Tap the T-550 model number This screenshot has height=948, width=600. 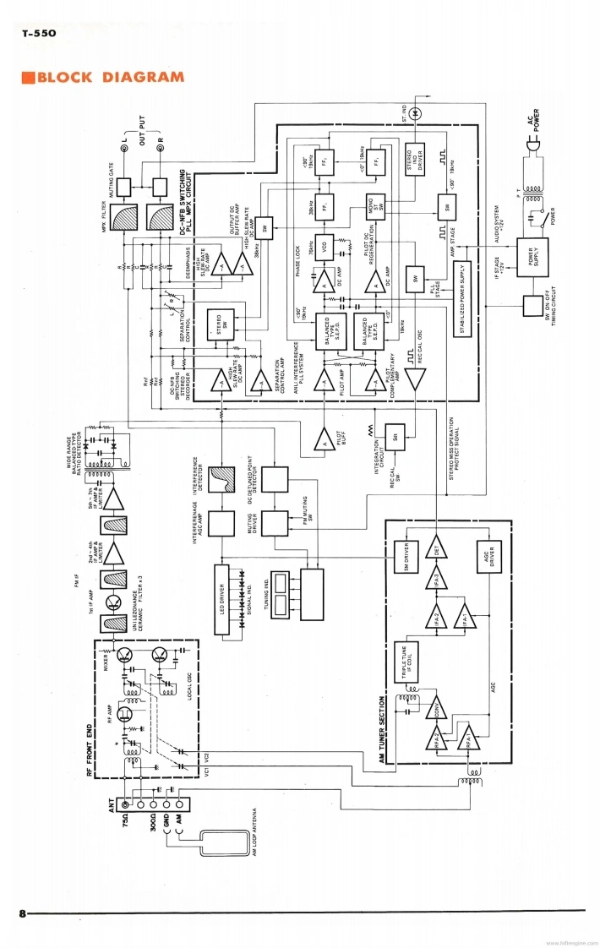pyautogui.click(x=39, y=35)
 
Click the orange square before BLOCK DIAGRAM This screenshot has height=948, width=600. pyautogui.click(x=28, y=79)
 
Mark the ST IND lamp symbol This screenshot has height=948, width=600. pyautogui.click(x=426, y=112)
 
